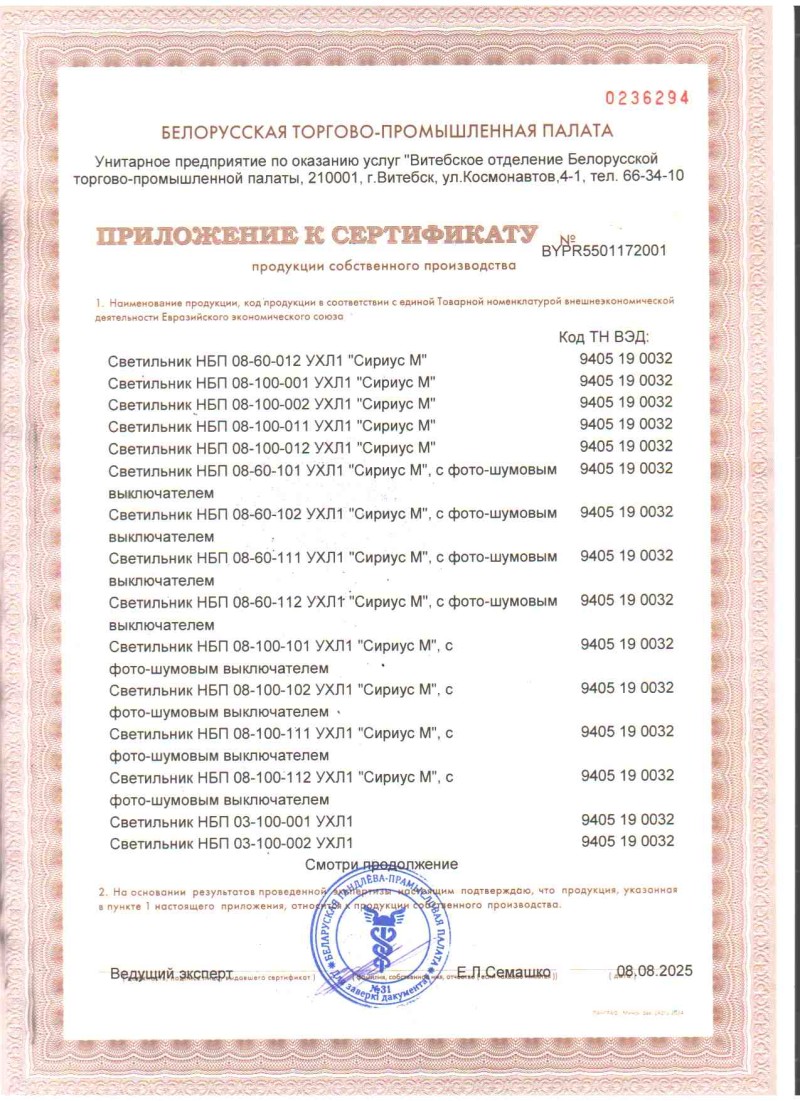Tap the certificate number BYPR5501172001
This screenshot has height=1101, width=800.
[x=604, y=252]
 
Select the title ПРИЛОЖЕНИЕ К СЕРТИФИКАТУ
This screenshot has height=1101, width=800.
[x=310, y=236]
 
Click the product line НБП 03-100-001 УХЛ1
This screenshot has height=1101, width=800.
[x=231, y=821]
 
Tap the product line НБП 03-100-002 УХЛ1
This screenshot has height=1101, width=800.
[x=231, y=843]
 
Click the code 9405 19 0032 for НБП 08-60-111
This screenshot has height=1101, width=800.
[x=627, y=555]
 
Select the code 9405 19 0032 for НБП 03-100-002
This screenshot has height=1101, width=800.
[x=627, y=841]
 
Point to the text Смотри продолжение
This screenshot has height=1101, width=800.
[x=381, y=863]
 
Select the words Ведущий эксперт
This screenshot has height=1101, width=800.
[x=171, y=972]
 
